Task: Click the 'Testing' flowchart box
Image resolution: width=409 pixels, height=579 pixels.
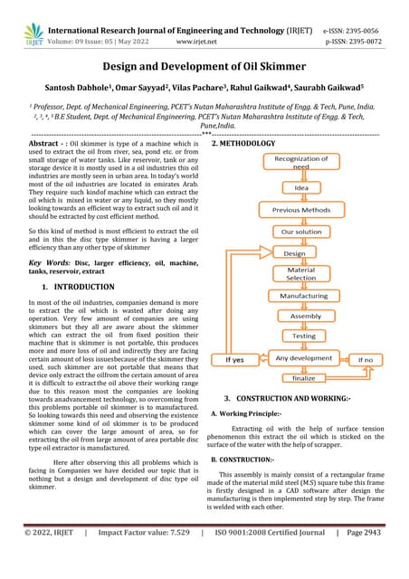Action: click(304, 336)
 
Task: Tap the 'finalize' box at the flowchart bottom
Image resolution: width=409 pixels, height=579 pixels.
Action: click(303, 379)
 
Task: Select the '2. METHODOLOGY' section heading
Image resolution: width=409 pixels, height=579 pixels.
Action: click(243, 144)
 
